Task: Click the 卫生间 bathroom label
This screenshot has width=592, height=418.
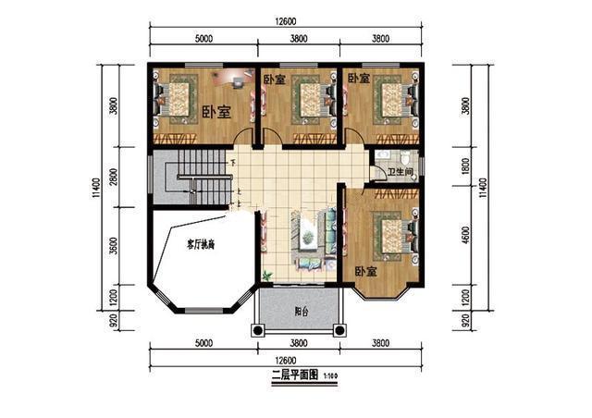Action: [401, 171]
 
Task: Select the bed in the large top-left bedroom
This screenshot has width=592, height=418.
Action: [176, 97]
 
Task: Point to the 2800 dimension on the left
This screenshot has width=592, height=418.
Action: [114, 178]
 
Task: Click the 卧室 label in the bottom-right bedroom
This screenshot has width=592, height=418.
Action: [365, 273]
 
